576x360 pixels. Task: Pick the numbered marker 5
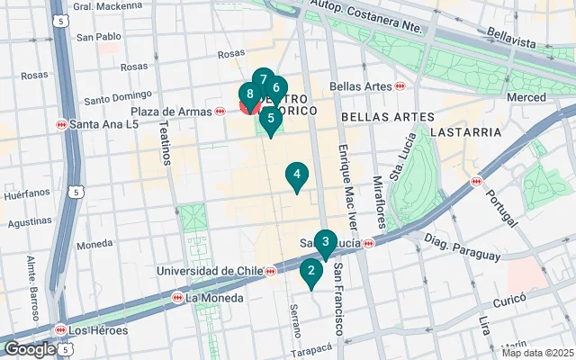(x=270, y=119)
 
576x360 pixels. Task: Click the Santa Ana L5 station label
(x=94, y=124)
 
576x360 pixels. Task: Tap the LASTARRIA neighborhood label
(x=465, y=131)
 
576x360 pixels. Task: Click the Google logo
(x=30, y=349)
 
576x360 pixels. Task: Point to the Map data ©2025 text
(x=536, y=353)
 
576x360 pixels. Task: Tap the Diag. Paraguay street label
(x=461, y=248)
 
